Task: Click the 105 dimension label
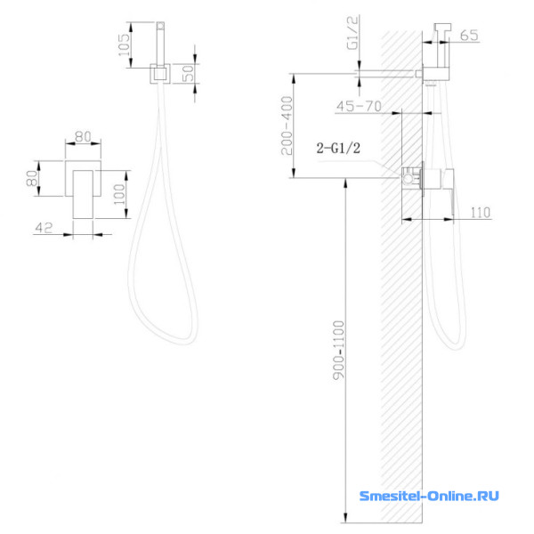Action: click(124, 44)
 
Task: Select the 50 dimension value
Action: click(188, 73)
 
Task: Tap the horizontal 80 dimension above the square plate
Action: click(83, 136)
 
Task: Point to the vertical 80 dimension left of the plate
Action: click(32, 178)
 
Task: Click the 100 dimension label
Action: click(119, 194)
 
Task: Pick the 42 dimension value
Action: click(44, 228)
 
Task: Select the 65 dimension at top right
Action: click(469, 35)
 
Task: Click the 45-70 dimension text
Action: click(359, 106)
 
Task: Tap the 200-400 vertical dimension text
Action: click(287, 125)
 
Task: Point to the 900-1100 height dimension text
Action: click(338, 350)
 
